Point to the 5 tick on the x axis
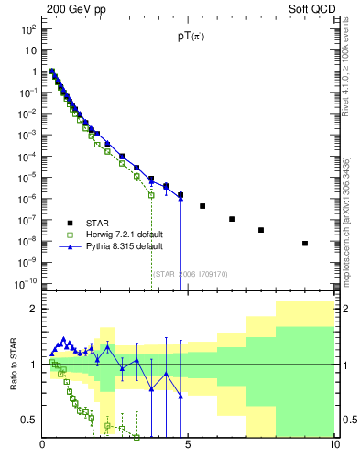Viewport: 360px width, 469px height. [188, 446]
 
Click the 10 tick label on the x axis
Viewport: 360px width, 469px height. [333, 446]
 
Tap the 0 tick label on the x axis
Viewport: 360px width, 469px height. [43, 446]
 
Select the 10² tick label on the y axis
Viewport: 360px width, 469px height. [28, 29]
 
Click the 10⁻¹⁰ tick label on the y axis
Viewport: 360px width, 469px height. [26, 284]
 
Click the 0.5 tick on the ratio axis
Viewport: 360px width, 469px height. [28, 420]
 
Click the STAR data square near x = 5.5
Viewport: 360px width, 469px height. [202, 206]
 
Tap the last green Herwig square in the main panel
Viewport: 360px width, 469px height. [151, 194]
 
